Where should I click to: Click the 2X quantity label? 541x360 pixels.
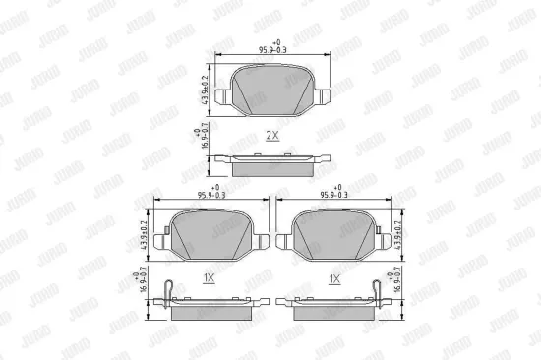click(270, 134)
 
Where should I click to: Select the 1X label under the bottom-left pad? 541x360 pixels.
click(208, 279)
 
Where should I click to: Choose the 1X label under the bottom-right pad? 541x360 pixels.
click(333, 279)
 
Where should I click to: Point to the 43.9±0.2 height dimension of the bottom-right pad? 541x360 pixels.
click(400, 232)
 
